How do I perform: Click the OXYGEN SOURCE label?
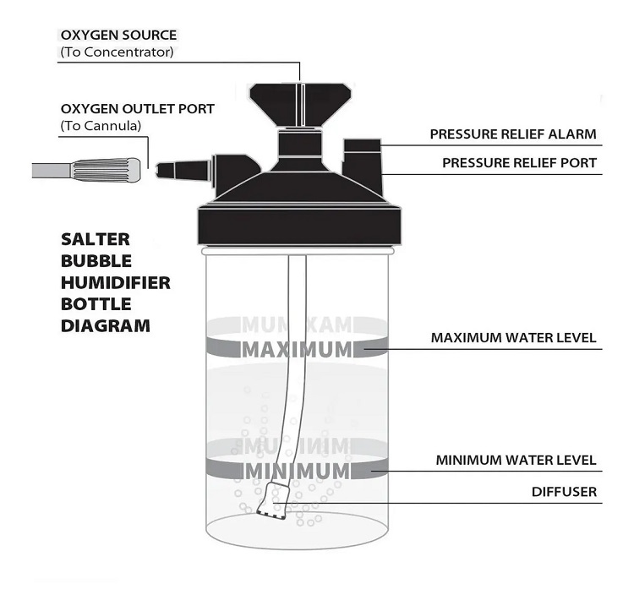click(118, 35)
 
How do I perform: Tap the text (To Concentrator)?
click(117, 52)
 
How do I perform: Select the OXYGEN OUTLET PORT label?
click(137, 109)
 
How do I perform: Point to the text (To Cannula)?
click(101, 126)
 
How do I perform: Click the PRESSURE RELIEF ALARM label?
click(513, 134)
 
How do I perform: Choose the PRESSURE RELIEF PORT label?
click(513, 163)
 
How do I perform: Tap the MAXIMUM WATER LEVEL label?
click(513, 338)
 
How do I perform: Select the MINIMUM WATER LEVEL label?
click(516, 461)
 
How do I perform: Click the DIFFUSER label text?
click(564, 491)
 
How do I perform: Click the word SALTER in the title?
click(96, 239)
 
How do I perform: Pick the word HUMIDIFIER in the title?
click(116, 282)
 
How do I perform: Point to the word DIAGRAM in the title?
click(106, 325)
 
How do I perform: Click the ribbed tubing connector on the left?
click(106, 170)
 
